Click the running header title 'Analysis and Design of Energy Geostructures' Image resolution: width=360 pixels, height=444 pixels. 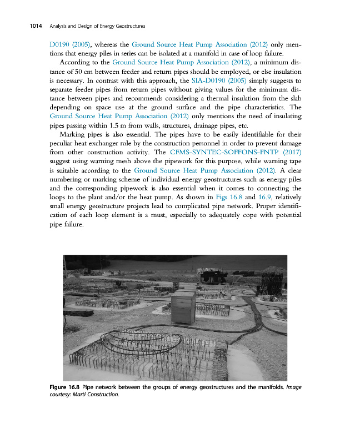click(97, 26)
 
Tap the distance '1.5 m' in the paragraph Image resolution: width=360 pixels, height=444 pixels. click(106, 125)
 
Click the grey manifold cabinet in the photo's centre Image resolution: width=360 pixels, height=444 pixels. click(183, 309)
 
